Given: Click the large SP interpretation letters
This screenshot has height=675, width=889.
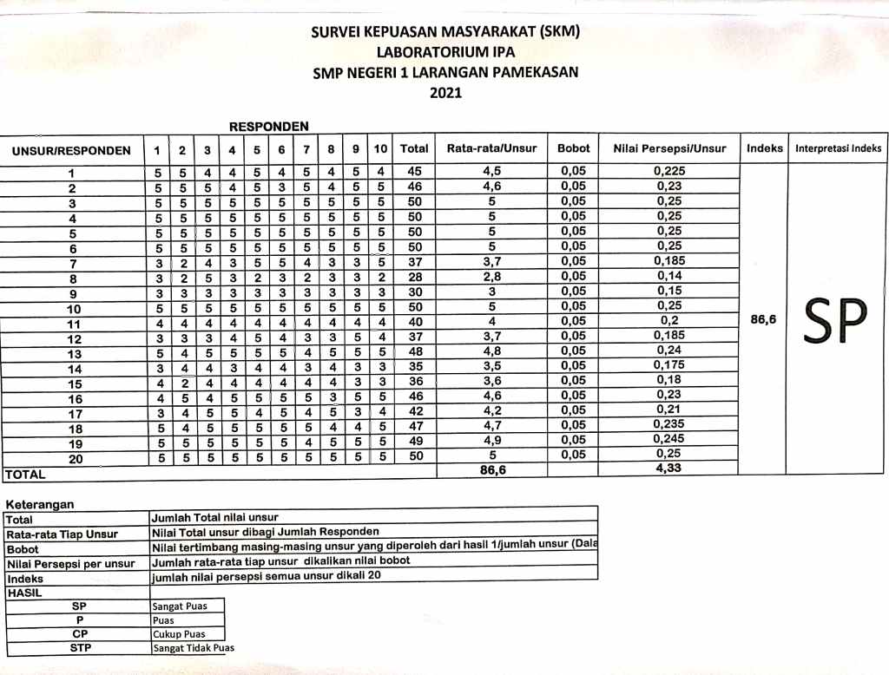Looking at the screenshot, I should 836,320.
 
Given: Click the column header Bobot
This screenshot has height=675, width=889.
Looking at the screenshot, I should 573,149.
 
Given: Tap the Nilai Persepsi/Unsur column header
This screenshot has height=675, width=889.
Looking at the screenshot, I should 668,149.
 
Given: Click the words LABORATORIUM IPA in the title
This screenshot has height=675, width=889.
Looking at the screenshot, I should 445,53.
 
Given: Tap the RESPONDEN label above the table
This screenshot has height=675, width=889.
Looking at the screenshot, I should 268,127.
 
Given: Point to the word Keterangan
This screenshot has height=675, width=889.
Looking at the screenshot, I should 39,504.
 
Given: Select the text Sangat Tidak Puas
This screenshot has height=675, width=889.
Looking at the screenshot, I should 193,648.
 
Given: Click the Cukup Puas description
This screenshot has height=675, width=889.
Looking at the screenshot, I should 179,634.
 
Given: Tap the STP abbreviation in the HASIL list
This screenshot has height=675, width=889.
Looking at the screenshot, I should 80,647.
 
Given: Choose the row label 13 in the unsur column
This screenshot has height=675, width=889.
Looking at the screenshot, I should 75,353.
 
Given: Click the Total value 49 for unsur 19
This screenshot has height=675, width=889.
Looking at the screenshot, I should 414,440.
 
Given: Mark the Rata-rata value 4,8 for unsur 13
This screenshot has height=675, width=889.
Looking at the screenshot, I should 491,352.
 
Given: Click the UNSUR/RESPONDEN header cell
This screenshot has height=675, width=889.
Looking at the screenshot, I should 71,150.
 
